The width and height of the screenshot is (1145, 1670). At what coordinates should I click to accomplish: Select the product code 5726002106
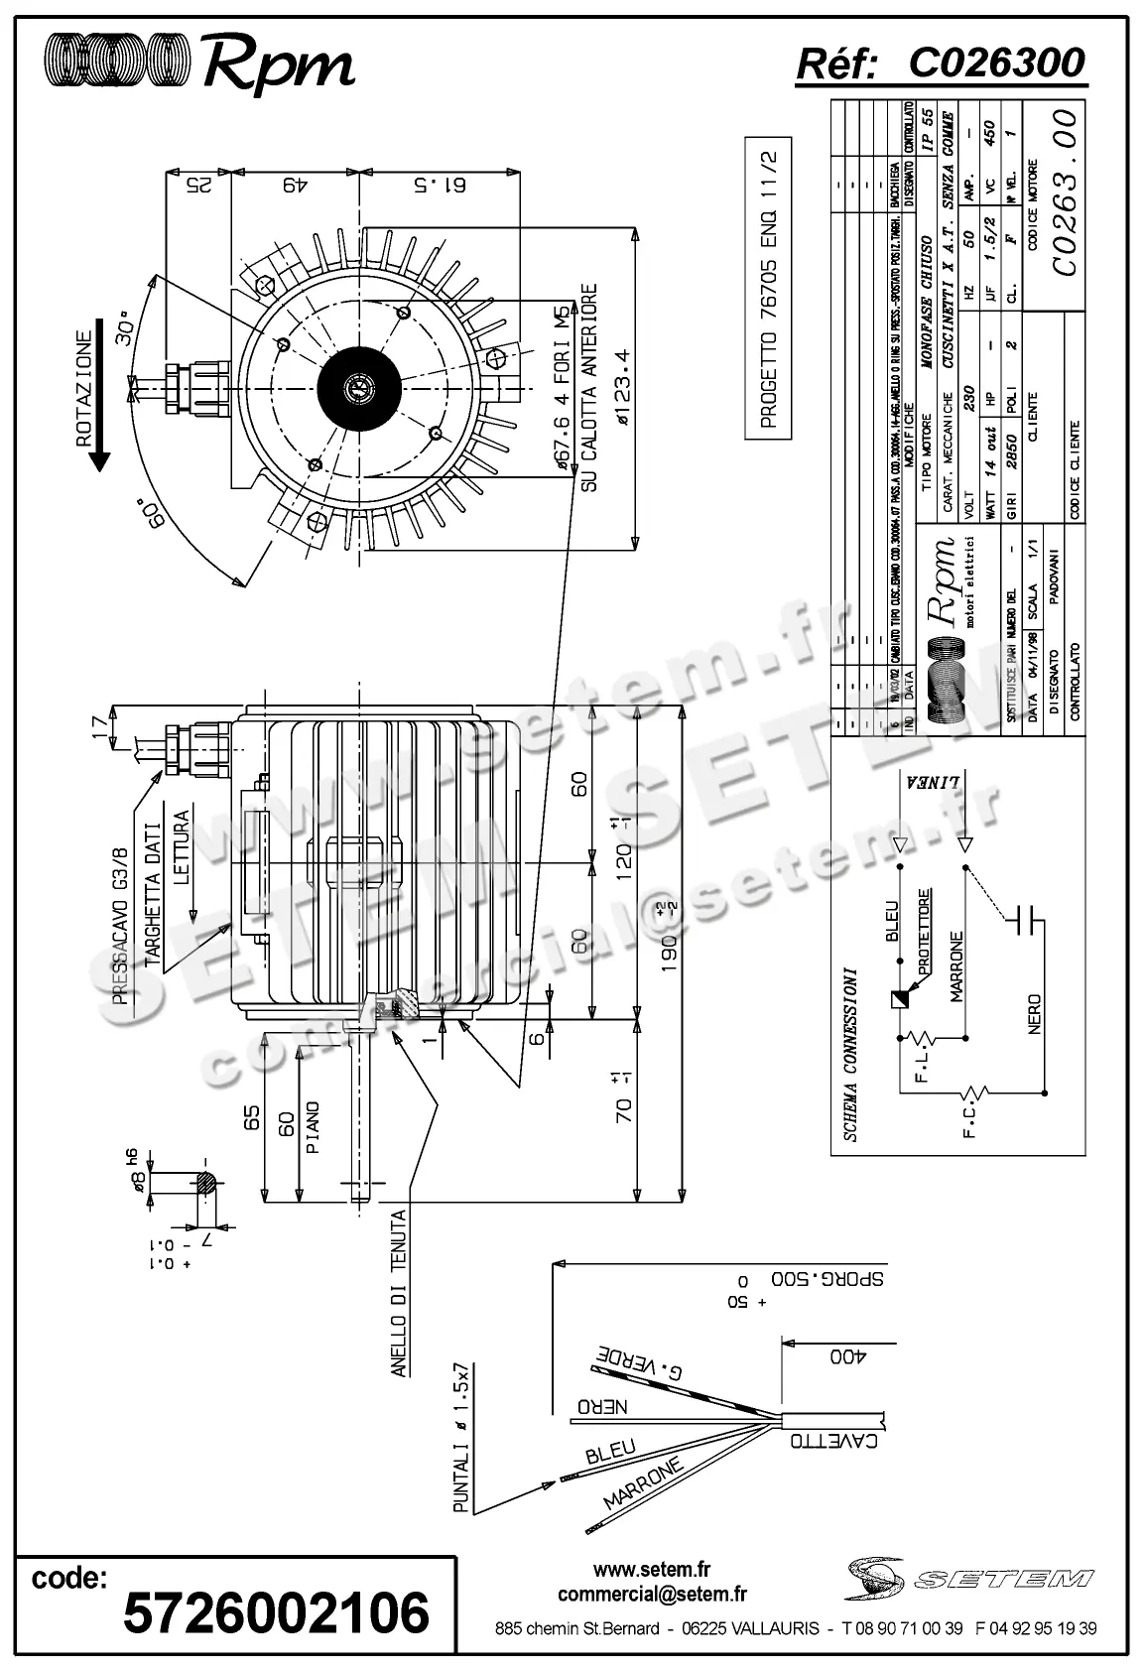coord(276,1611)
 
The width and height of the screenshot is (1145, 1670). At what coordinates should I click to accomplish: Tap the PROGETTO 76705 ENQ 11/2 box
coord(769,288)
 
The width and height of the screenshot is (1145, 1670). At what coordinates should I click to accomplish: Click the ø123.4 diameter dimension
coord(622,387)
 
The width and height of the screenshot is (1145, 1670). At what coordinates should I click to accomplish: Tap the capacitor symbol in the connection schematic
coord(1025,921)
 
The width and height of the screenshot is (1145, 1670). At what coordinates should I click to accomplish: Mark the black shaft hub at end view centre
coord(358,388)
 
